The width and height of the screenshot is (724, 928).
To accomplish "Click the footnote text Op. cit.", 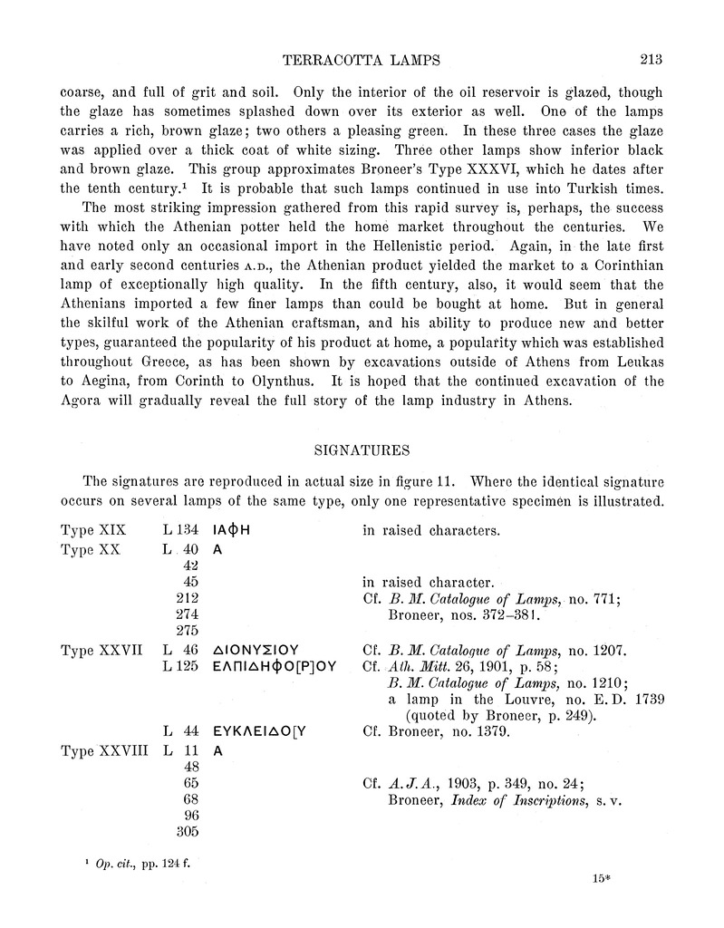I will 114,864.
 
